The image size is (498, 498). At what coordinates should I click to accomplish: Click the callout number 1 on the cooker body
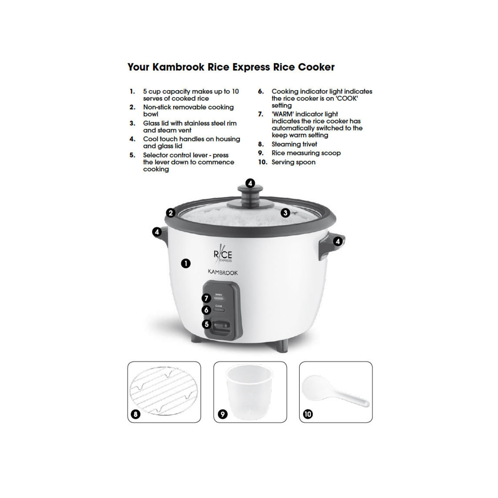186,264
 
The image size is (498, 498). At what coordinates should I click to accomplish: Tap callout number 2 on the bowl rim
171,213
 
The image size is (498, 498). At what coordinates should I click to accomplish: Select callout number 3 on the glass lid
285,213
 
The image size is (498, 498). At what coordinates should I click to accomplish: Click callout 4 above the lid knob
250,183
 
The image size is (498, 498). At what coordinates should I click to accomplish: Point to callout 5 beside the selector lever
206,324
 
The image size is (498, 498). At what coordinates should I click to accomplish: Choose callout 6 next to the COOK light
206,310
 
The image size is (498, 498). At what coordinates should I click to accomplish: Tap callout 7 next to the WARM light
206,298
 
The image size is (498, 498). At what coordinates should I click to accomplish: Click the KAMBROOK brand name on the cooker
223,272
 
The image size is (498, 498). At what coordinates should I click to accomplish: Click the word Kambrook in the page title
178,67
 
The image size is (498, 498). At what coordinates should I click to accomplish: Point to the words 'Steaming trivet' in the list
294,144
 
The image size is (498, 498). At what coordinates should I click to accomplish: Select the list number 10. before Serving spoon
263,162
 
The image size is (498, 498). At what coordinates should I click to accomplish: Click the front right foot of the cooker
282,346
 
